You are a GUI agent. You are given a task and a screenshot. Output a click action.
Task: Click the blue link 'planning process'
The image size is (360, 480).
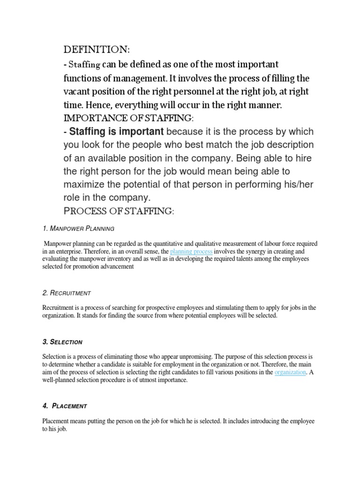[x=191, y=252]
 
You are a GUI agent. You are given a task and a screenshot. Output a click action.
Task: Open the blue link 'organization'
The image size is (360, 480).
[x=290, y=372]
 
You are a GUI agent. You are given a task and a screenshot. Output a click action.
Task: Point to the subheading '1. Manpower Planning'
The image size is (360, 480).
[x=78, y=228]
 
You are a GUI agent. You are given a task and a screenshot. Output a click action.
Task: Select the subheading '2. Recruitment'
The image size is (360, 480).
[x=66, y=293]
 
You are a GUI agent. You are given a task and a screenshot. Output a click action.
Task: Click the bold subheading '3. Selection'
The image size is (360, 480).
[x=62, y=342]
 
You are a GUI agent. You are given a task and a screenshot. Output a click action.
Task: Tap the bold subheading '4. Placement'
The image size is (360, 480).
[x=64, y=405]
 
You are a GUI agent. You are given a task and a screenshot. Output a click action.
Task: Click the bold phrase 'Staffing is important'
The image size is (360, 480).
[x=116, y=131]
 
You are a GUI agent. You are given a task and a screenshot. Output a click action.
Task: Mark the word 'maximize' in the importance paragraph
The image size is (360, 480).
[x=85, y=184]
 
